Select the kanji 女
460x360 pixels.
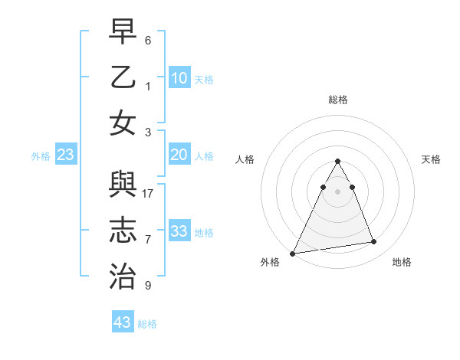click(123, 123)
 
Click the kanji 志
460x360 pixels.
click(123, 231)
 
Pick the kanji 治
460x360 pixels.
click(123, 273)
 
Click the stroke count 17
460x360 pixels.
click(149, 193)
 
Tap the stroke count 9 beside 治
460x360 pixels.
click(148, 286)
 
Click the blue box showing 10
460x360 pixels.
click(179, 77)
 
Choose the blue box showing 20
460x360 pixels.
click(179, 155)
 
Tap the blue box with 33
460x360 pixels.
click(179, 231)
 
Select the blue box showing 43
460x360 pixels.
click(122, 322)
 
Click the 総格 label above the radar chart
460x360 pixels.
click(337, 100)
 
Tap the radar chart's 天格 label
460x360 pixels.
click(431, 159)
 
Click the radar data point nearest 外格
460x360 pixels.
click(293, 253)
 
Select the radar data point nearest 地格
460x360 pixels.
click(374, 242)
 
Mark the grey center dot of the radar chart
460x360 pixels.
click(337, 191)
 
